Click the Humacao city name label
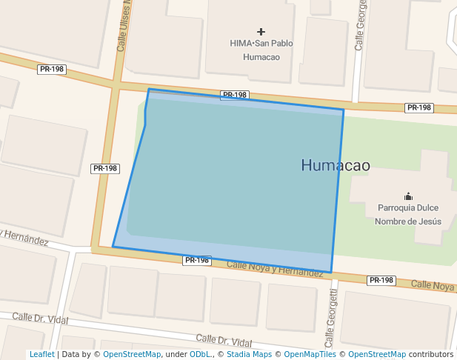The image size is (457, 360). point(335,165)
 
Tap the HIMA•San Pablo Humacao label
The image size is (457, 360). point(261,50)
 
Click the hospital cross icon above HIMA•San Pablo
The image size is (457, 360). point(261,32)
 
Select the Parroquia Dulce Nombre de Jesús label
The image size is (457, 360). point(408,214)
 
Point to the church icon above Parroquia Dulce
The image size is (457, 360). point(408,196)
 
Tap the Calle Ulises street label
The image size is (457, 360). point(123,26)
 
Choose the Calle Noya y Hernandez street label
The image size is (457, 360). point(275,268)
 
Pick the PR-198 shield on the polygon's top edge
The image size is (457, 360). point(234,95)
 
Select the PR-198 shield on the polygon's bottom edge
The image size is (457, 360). point(197,260)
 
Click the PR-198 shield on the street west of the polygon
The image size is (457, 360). point(105,168)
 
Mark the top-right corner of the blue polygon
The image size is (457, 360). point(344,110)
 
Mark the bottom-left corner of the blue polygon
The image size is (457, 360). point(113,247)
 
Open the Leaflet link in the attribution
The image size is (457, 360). point(41,355)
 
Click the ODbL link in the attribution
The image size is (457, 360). point(199,355)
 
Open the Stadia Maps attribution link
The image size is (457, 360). point(247,355)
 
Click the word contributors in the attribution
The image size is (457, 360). point(431,355)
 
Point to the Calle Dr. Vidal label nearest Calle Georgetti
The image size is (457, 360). point(224,340)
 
